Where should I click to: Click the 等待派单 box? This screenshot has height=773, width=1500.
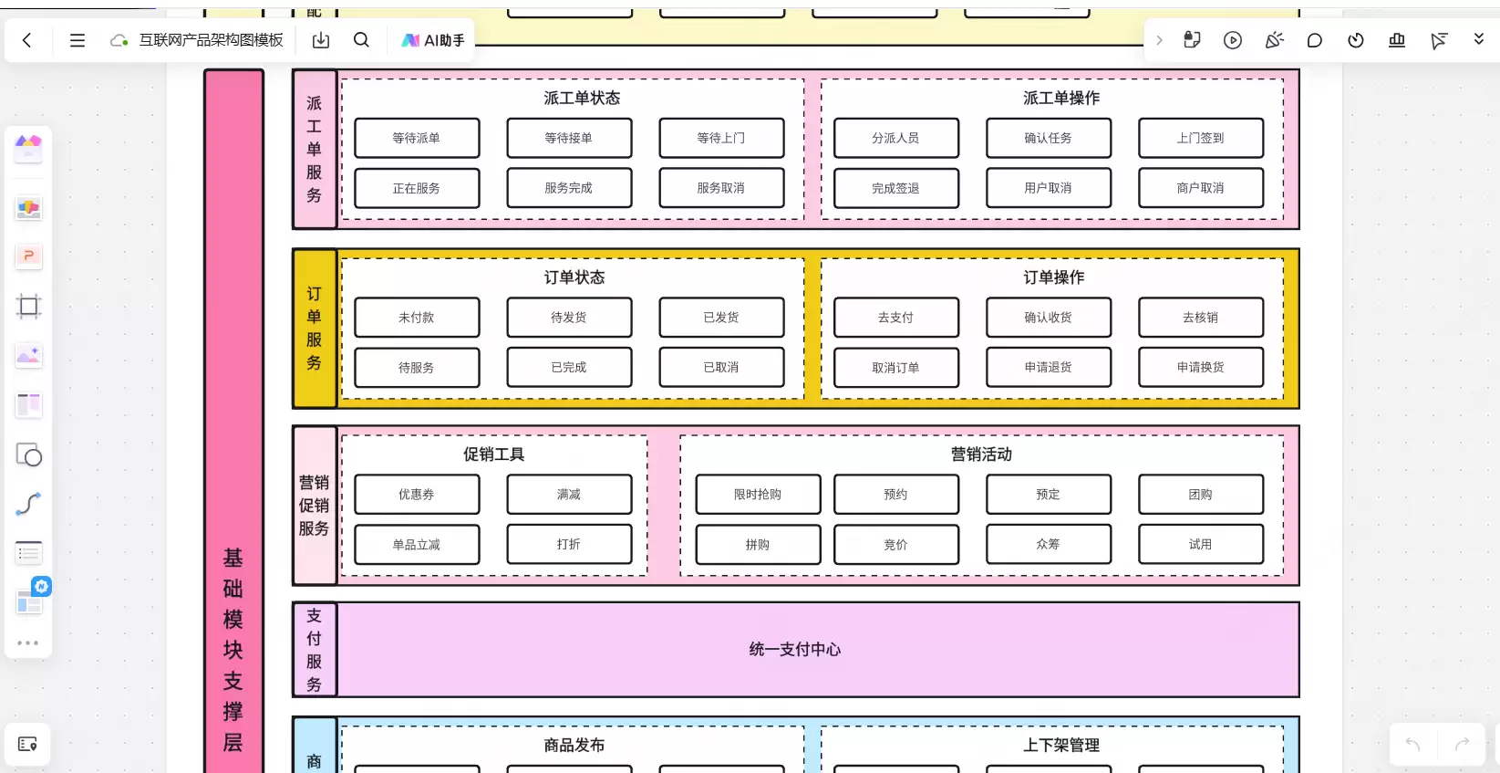(x=417, y=138)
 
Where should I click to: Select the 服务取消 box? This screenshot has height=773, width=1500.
(x=721, y=188)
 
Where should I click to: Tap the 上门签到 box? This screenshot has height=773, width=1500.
(x=1201, y=138)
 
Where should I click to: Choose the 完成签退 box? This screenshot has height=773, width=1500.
(x=896, y=188)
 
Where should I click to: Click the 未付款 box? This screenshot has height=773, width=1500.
(x=417, y=317)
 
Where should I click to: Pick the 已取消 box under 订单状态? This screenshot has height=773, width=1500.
(x=721, y=368)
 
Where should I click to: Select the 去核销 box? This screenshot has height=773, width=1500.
(x=1201, y=317)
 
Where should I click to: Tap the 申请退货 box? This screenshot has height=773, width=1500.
(x=1048, y=368)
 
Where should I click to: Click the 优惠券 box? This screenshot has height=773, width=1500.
(x=417, y=494)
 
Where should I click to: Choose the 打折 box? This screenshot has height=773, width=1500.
(x=569, y=544)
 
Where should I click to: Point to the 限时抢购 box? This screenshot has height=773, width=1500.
(x=758, y=494)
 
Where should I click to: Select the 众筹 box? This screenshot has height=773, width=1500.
(x=1048, y=544)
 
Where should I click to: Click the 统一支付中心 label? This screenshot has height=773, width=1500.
(x=795, y=650)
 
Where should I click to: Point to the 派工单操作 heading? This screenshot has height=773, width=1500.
(x=1061, y=98)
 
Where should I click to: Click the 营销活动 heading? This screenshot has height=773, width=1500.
(x=982, y=454)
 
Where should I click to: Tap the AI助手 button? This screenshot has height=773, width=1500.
(x=432, y=40)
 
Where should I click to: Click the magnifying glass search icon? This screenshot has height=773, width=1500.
(x=362, y=40)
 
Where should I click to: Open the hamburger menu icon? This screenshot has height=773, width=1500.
(x=78, y=40)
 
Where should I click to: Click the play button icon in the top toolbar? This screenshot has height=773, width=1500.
(x=1233, y=40)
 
